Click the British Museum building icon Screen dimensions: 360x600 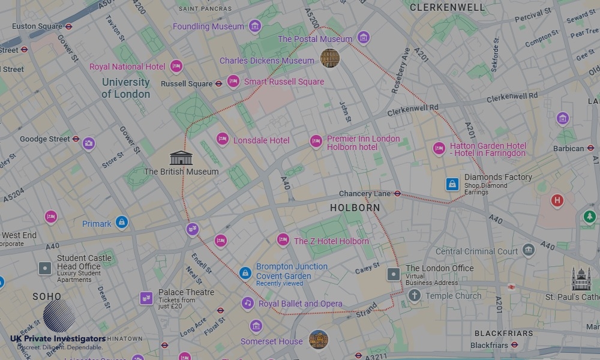coord(181,158)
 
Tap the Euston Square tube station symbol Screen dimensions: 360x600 coord(69,26)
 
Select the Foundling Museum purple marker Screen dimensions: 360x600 coord(255,26)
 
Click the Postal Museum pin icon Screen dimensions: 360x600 coord(363,38)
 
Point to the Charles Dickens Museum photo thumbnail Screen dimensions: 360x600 coord(329,58)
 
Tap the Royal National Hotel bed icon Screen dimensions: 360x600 coord(176,67)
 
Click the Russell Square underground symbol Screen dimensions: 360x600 coord(218,84)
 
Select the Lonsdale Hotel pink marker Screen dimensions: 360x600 coord(223,140)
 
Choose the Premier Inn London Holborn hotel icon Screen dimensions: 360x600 coord(316,142)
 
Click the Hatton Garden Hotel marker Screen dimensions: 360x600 coord(439,148)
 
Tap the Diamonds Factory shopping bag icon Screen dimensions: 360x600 coord(452,184)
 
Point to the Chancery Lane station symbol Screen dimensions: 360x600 coord(397,193)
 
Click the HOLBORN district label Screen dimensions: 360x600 coord(355,208)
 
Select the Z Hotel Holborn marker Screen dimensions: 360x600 coord(283,240)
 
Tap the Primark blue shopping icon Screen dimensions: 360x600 coord(122,223)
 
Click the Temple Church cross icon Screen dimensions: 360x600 coord(414,295)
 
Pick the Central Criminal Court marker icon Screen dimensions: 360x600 coord(528,251)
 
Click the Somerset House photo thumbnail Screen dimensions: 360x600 coord(318,340)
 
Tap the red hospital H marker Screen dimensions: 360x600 coord(557,200)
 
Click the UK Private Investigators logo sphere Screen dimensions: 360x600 coord(59,316)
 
